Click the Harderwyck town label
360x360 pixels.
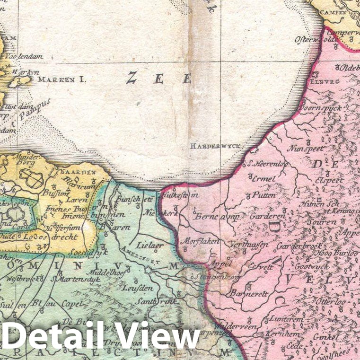(x=216, y=146)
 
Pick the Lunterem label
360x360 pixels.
(x=285, y=320)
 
